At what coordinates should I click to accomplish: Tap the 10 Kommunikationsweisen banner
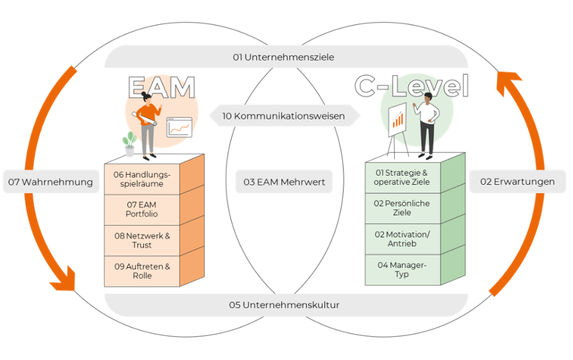[x=284, y=116]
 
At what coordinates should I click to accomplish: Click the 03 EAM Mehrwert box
[x=284, y=182]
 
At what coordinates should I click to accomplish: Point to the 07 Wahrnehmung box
[x=51, y=182]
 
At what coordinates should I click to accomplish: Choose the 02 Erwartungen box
[x=517, y=181]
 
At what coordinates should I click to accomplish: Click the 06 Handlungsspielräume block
[x=142, y=179]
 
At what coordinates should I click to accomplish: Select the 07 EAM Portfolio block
[x=142, y=210]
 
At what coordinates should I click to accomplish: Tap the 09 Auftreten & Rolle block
[x=142, y=271]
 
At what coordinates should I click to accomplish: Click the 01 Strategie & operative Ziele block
[x=402, y=178]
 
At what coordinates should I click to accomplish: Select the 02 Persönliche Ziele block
[x=402, y=208]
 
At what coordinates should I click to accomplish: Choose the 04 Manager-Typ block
[x=402, y=270]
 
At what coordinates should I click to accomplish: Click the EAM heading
[x=161, y=88]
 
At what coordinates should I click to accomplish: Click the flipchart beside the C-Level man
[x=397, y=120]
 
